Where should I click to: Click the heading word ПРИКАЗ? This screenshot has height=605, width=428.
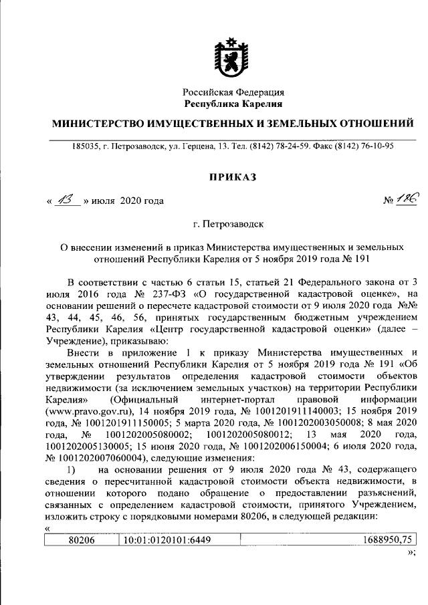233,177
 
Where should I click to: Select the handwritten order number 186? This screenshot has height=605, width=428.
405,199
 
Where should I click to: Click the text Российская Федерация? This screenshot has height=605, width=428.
233,93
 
